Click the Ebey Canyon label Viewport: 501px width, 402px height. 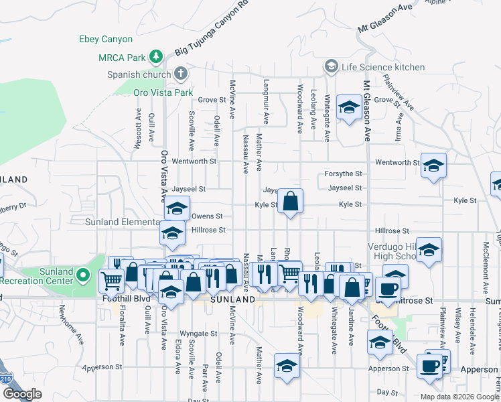pos(106,40)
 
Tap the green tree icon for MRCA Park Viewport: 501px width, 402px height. pos(156,55)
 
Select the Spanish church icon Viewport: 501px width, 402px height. pos(180,73)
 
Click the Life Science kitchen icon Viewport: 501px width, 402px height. pos(330,66)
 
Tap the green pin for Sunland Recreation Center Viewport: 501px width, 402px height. pos(82,275)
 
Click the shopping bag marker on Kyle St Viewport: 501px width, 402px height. pos(291,202)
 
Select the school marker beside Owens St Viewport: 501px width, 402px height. pos(177,210)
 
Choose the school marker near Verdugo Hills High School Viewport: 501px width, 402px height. pos(429,251)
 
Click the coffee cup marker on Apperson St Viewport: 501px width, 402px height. pos(429,366)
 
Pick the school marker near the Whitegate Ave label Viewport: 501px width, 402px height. pos(348,108)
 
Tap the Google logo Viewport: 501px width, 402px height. pos(22,394)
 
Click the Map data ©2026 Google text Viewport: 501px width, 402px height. pos(459,397)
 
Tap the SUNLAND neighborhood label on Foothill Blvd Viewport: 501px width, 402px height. pos(232,299)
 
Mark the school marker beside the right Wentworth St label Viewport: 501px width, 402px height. pos(433,165)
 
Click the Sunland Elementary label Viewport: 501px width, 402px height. pos(120,222)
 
